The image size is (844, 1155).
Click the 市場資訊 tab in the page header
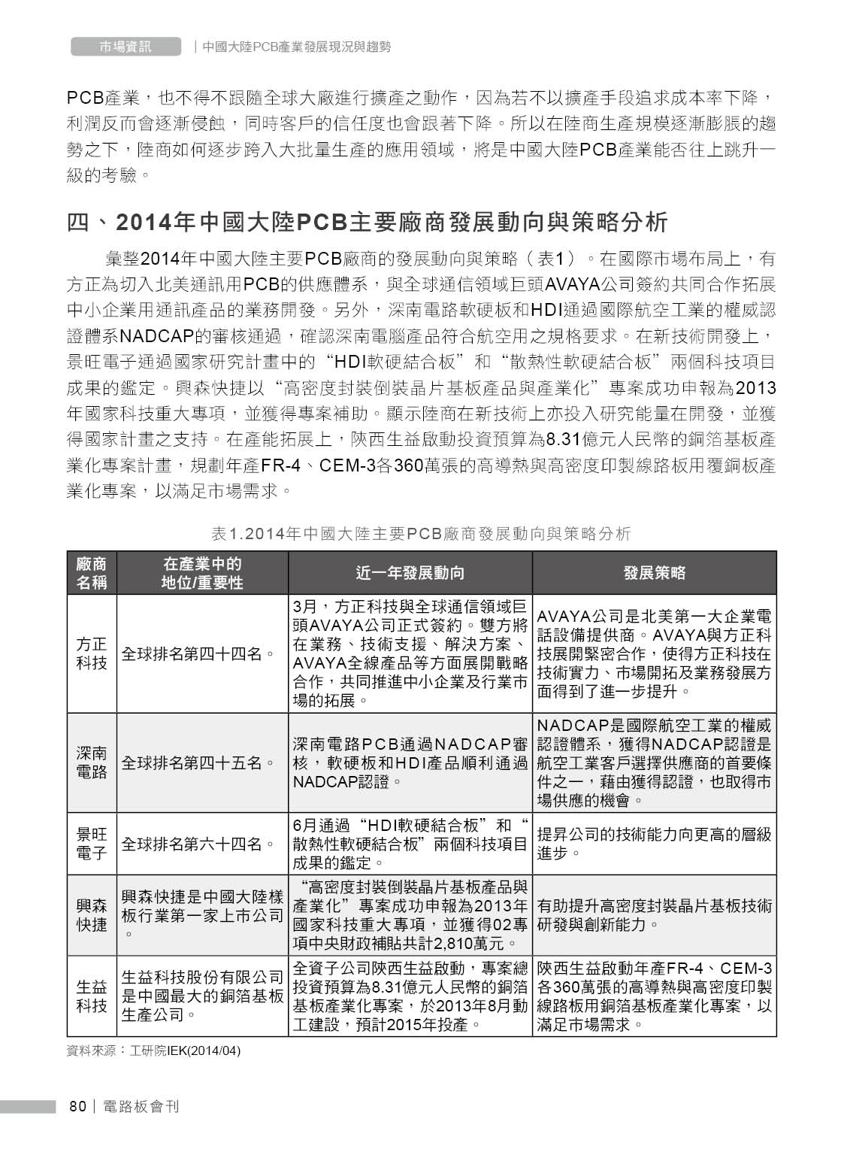126,47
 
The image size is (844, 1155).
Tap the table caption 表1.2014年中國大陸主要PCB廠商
421,534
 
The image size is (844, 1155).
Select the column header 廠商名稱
92,573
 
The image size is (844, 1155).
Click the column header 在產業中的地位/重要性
202,573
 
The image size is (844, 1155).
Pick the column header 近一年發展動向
410,573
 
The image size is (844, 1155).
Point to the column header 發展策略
654,573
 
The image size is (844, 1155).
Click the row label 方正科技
92,654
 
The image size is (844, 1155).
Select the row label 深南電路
92,762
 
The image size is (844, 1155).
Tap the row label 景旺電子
92,844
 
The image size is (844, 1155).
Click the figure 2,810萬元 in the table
476,942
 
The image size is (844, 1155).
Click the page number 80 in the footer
77,1106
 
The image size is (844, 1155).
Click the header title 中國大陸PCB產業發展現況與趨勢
297,47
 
